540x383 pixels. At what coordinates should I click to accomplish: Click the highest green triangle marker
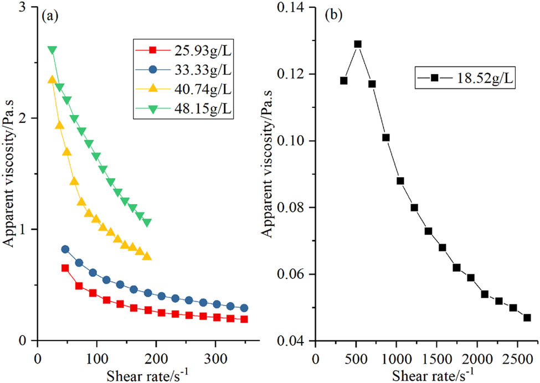(x=52, y=50)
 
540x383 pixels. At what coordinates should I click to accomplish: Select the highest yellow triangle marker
(x=52, y=80)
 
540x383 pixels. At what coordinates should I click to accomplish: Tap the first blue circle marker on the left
(x=65, y=249)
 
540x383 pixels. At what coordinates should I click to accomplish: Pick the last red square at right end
(x=244, y=319)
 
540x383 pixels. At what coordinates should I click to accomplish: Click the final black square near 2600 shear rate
(x=527, y=318)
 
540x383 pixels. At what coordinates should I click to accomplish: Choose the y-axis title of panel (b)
(x=268, y=174)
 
